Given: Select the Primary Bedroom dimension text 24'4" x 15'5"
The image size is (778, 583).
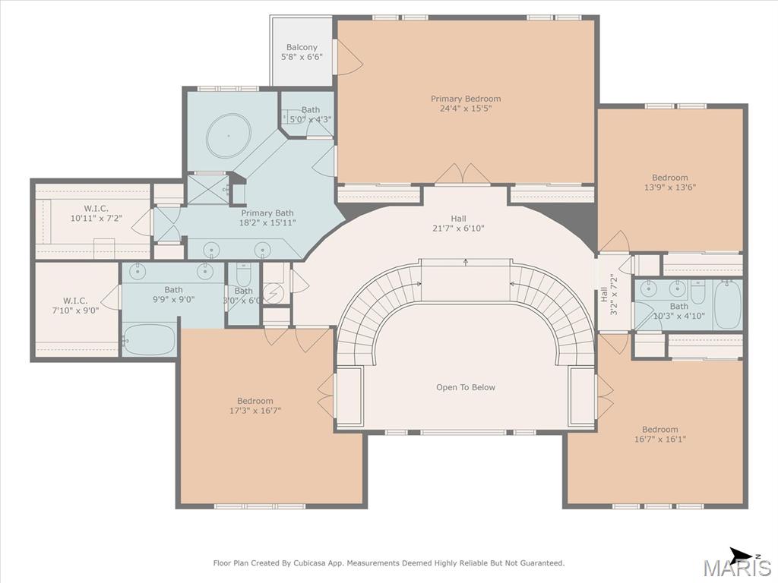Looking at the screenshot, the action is [466, 108].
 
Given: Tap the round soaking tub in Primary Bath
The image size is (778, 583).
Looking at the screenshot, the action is [228, 135].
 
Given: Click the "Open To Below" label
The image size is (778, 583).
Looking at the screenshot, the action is [466, 387].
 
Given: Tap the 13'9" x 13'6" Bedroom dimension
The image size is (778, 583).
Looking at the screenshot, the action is [670, 187].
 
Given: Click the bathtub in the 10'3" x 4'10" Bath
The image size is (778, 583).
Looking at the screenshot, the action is [727, 305].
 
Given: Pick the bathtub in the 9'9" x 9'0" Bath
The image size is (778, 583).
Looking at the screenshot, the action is [150, 339].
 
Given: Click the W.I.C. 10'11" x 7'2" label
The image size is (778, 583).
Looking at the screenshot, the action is [96, 213].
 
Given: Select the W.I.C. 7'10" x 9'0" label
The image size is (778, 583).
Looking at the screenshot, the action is [75, 306].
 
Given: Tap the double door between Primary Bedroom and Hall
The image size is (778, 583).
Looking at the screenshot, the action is [463, 174].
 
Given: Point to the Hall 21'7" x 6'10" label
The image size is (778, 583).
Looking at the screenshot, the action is [458, 223].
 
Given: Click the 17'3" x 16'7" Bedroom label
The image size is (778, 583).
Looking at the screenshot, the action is [255, 405].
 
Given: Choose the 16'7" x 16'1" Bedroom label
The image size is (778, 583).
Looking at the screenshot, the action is [660, 434].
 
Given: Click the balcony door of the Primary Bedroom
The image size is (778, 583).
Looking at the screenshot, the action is [349, 58].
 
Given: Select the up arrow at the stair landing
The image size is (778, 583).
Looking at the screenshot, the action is [466, 262].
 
